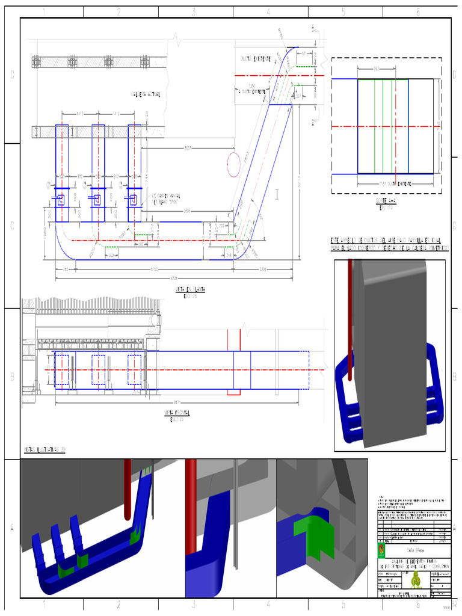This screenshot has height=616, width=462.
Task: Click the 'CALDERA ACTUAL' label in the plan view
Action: [x=146, y=94]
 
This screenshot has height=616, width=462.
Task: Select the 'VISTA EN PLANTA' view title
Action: [x=190, y=289]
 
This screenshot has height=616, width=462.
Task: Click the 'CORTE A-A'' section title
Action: [x=384, y=200]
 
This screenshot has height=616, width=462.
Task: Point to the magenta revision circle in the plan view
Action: [x=234, y=164]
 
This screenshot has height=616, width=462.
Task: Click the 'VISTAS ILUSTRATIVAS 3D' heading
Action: [x=45, y=449]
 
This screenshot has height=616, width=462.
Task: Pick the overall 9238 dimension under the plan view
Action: [x=174, y=277]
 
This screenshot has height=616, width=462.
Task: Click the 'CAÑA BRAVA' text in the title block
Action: [x=415, y=550]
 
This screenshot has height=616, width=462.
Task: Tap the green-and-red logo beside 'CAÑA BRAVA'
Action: [x=380, y=550]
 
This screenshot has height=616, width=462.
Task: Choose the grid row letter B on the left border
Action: [x=10, y=377]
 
